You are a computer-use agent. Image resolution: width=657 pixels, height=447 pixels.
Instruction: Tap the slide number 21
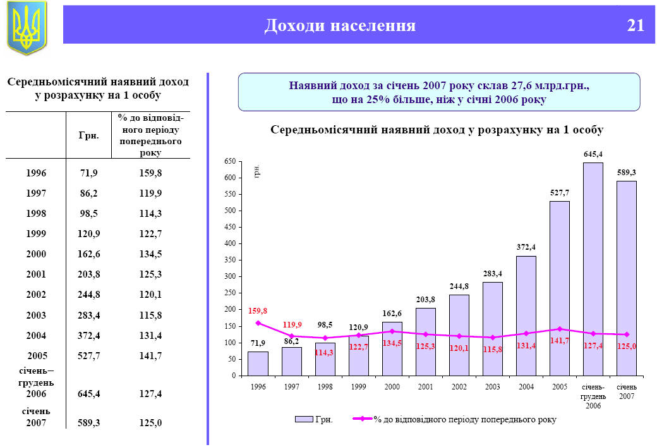coord(636,25)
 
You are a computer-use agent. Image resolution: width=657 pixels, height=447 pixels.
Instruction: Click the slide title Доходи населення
coord(340,25)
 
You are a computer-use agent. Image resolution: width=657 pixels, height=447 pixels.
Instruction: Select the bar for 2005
coord(560,288)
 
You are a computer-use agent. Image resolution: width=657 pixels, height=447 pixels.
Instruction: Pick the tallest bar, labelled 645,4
coord(593,269)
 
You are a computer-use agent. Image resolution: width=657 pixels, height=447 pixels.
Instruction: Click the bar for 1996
coord(258,364)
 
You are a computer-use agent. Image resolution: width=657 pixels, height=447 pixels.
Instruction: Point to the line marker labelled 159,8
coord(258,323)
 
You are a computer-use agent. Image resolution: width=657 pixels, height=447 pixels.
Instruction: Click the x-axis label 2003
coord(492,386)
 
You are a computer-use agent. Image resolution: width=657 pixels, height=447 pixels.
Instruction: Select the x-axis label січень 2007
coord(626,391)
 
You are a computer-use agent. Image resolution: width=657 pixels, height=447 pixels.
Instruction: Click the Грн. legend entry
coord(314,419)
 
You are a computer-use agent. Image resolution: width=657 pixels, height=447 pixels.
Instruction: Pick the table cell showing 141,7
coord(150,356)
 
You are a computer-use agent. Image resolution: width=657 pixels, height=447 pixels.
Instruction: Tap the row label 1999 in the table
coord(37,234)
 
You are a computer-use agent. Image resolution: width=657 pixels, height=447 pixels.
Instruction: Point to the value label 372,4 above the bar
coord(526,247)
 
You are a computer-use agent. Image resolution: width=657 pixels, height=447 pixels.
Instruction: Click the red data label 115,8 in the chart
coord(493,349)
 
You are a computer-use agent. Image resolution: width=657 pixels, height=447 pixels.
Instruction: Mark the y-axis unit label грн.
coord(257,172)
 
